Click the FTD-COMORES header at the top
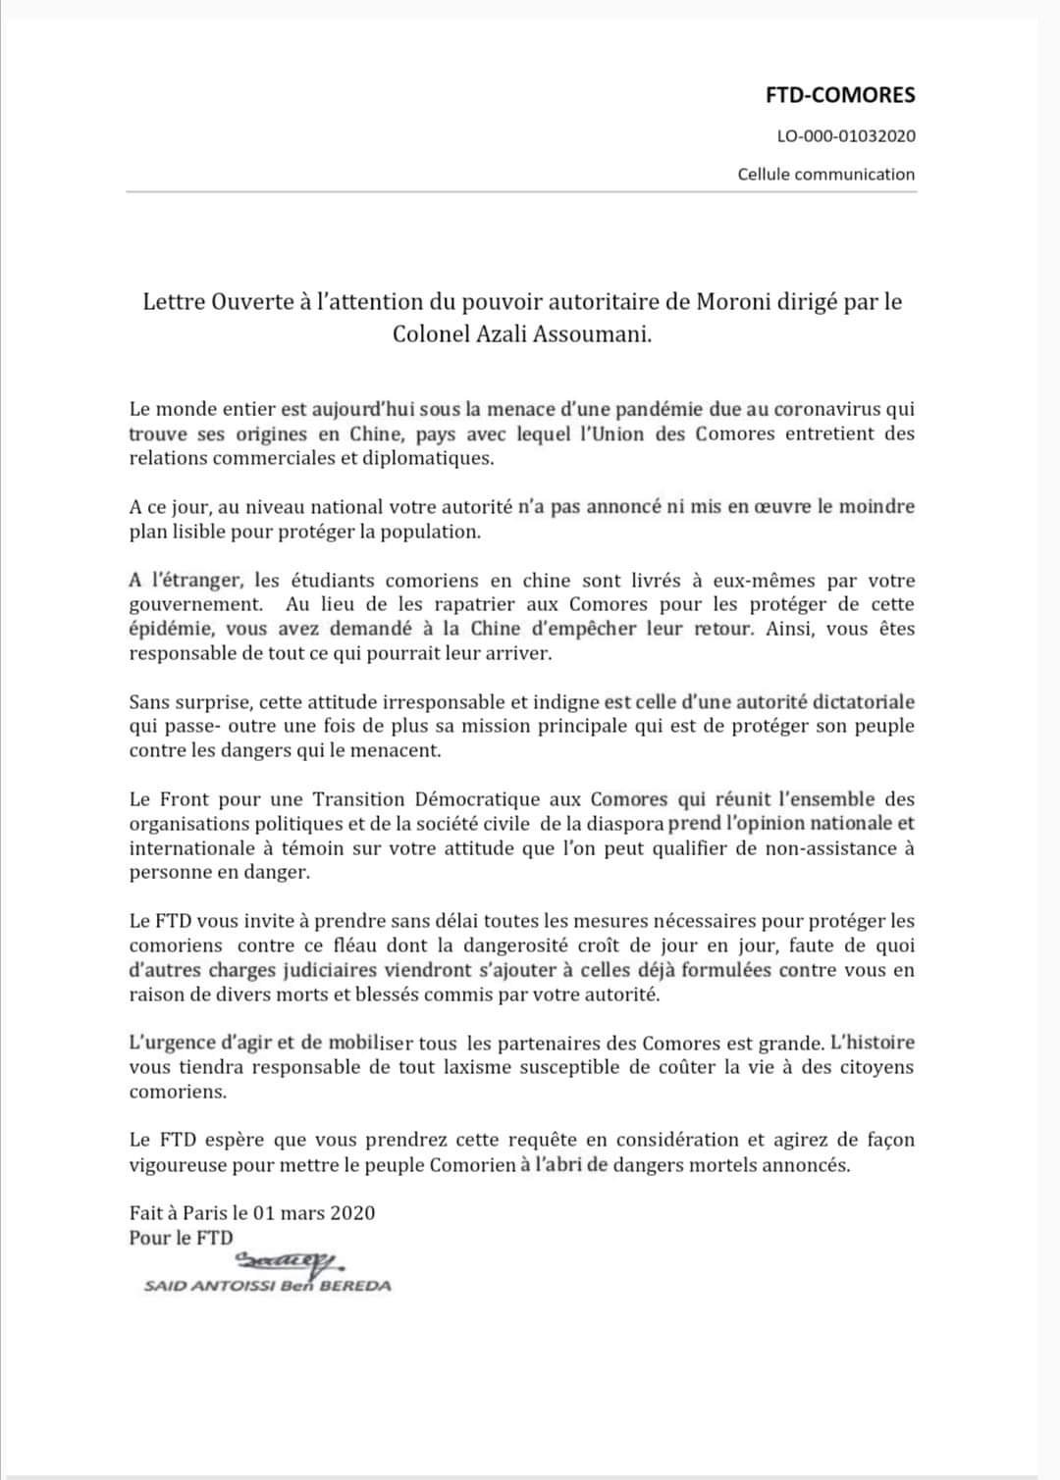840,95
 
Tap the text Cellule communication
826,175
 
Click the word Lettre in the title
174,301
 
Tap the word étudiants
333,581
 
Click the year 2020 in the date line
351,1213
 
